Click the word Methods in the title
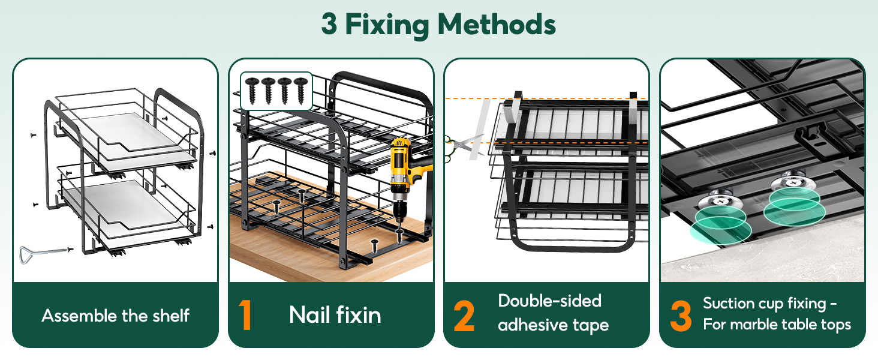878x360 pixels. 496,25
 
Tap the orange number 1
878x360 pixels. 245,315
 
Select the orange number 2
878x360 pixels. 464,316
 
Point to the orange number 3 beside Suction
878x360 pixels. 681,316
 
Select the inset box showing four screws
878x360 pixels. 276,91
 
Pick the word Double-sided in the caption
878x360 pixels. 549,301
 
